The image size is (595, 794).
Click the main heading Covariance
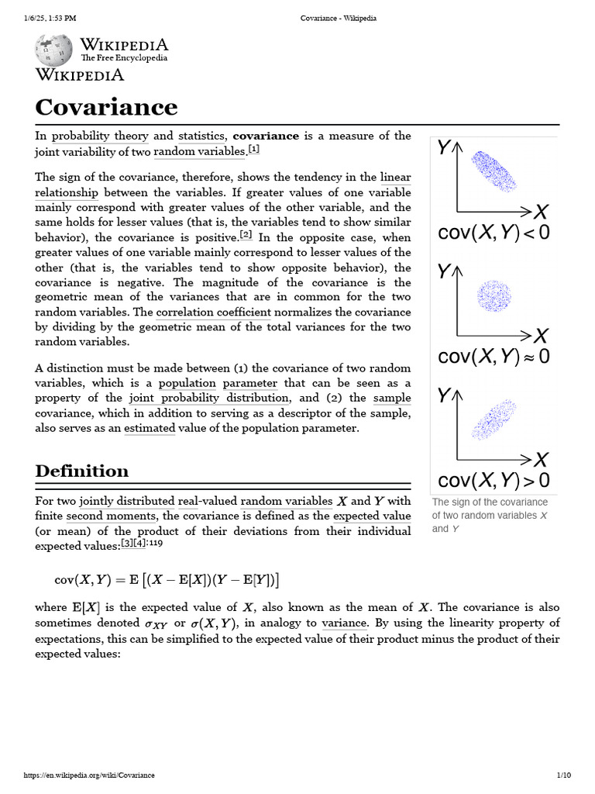point(106,107)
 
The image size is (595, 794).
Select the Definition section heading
point(82,471)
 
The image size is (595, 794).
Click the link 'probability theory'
point(100,136)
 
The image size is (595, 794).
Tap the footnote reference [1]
point(254,150)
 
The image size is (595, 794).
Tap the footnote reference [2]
point(246,236)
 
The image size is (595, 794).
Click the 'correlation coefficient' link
point(213,312)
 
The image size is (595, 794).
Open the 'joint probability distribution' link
point(209,399)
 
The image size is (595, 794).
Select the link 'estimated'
point(150,429)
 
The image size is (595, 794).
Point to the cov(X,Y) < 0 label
point(494,232)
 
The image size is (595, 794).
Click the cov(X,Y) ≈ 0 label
point(494,356)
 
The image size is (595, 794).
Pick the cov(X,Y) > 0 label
point(494,480)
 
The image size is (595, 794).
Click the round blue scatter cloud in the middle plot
point(494,295)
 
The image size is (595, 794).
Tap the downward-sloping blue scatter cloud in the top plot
point(494,171)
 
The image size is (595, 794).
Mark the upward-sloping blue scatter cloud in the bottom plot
point(494,419)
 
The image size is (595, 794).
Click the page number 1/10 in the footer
point(563,775)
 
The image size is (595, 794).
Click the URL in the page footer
point(89,775)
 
